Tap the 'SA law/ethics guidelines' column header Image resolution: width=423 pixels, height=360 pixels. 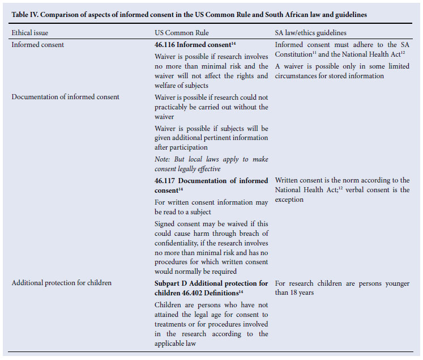[310, 33]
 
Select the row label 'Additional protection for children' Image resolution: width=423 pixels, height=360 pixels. [61, 282]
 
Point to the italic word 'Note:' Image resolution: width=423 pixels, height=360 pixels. [163, 159]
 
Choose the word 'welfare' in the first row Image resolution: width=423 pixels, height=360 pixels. [168, 86]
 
